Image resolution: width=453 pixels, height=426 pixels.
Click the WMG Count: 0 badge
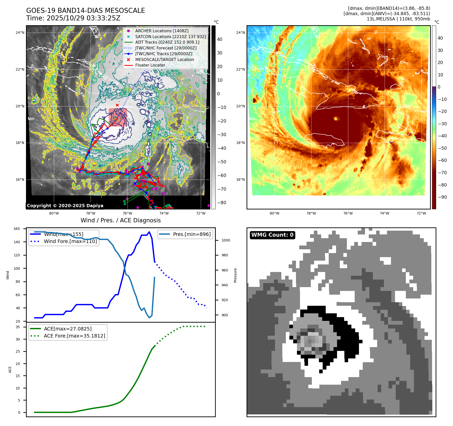[272, 235]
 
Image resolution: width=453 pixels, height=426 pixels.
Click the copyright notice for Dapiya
[65, 206]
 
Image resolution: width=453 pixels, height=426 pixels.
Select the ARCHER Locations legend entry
[162, 31]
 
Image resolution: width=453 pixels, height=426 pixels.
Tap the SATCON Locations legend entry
[170, 37]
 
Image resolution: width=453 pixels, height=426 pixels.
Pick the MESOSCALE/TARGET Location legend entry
[164, 59]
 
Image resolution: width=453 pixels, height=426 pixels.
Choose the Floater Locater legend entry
[150, 65]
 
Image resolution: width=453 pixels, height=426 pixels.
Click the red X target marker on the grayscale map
[117, 105]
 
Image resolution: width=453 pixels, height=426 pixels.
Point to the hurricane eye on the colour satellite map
[336, 118]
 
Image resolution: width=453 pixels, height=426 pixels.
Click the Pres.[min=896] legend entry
[192, 234]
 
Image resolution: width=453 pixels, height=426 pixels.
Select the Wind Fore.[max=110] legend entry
[70, 241]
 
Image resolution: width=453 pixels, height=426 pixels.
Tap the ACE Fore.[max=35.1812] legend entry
[74, 336]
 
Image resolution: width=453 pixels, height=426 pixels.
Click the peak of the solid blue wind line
[149, 232]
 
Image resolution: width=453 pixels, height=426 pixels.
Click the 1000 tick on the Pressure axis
[226, 240]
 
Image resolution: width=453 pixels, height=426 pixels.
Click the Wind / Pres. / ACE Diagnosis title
[120, 220]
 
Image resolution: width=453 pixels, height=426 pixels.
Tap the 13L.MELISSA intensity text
[398, 19]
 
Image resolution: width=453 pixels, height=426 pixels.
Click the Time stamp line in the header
[73, 18]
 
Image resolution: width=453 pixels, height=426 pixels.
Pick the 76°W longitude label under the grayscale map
[127, 213]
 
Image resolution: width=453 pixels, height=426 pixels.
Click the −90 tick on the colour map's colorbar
[442, 197]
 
